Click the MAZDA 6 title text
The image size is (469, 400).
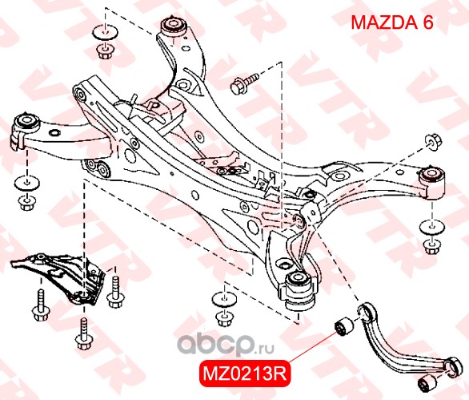coord(392,22)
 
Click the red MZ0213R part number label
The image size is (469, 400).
coord(245,374)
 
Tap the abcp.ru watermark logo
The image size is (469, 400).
coord(226,345)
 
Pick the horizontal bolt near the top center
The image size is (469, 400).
coord(243,83)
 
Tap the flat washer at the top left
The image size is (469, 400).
coord(105,32)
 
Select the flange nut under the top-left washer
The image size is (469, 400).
coord(105,51)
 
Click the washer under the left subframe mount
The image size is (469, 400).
coord(27,183)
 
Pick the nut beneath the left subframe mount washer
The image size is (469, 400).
coord(27,203)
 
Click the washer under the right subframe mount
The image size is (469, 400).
coord(432,226)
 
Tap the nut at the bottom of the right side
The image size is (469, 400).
coord(432,246)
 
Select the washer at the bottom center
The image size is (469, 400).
coord(224,299)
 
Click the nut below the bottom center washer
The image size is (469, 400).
coord(224,318)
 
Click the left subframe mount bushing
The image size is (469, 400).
coord(28,123)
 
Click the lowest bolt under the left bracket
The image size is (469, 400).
coord(83,333)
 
